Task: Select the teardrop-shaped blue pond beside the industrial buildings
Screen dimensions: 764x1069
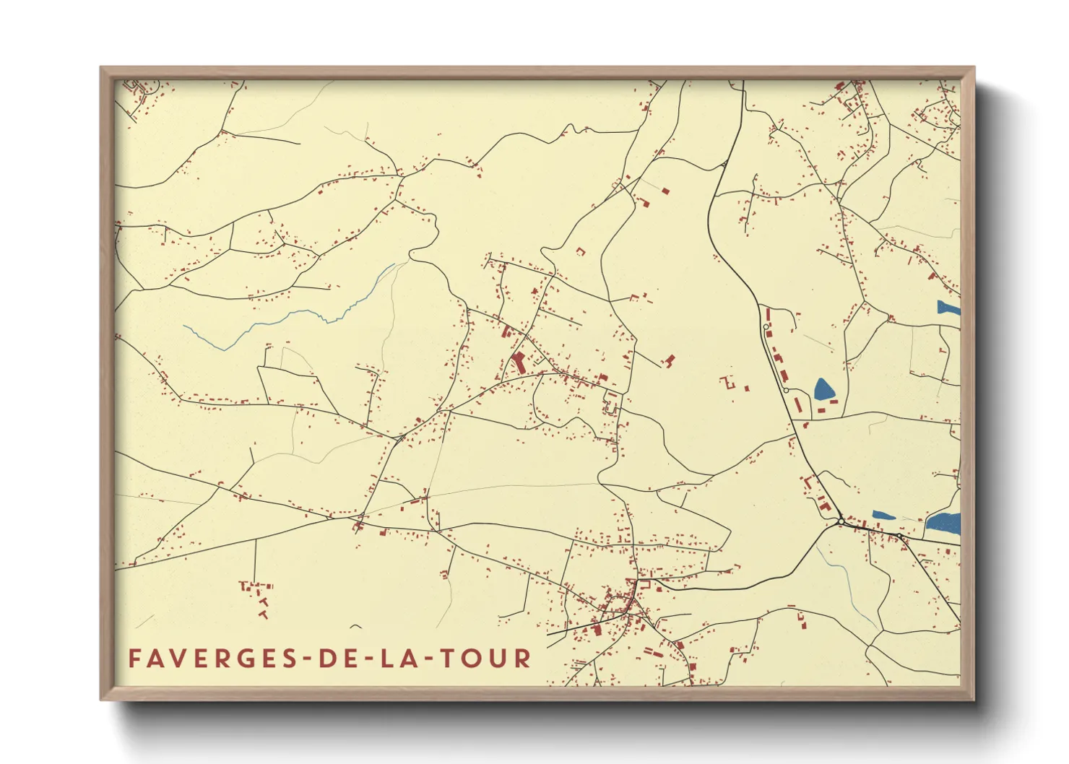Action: (x=824, y=390)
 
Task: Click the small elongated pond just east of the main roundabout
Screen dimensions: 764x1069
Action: (x=883, y=516)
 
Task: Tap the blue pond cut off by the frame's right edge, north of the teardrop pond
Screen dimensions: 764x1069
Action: (x=948, y=308)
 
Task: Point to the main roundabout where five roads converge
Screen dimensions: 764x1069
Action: (x=841, y=521)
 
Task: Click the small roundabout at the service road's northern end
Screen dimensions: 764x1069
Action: (x=766, y=327)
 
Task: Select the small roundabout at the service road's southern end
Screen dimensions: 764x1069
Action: (x=786, y=390)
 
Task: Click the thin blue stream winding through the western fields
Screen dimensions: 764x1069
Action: (x=289, y=316)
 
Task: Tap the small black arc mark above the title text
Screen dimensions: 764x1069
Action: (x=355, y=626)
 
